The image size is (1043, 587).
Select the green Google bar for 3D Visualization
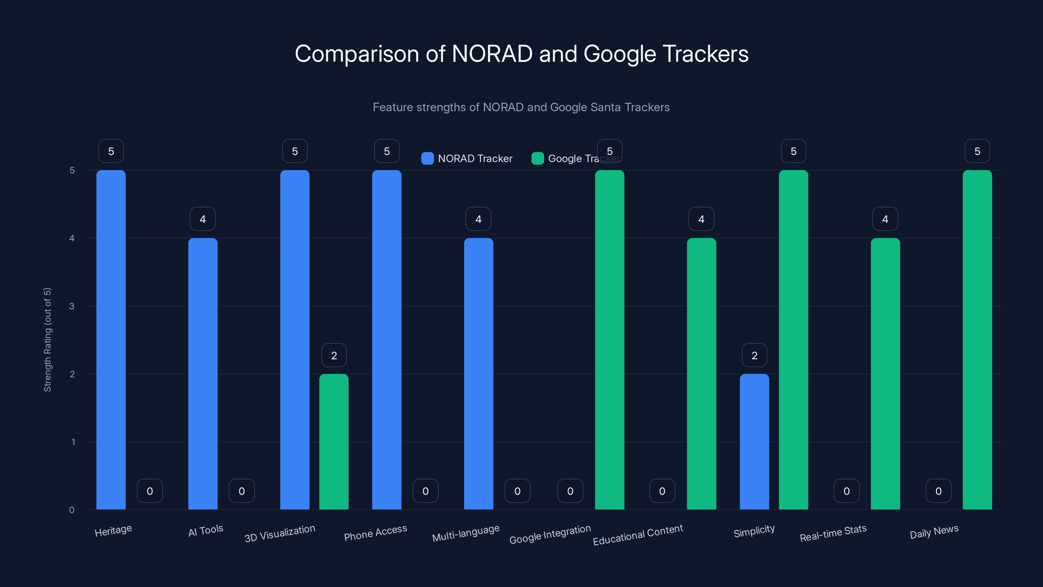click(x=334, y=442)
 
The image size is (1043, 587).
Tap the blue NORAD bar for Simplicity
click(x=754, y=442)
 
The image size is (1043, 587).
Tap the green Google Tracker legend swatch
click(x=537, y=158)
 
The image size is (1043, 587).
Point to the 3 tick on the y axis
click(x=72, y=306)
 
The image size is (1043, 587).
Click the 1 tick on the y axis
click(x=73, y=442)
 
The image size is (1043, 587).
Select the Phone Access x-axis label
click(x=375, y=533)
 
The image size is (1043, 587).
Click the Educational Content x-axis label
click(x=638, y=535)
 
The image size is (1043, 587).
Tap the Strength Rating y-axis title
click(x=47, y=339)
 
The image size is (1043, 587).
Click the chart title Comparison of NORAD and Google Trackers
click(x=521, y=54)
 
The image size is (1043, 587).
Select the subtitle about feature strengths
click(x=521, y=107)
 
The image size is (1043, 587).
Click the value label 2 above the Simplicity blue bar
click(x=754, y=355)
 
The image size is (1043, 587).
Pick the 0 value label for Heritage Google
click(x=150, y=491)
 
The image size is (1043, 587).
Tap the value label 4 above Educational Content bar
click(x=701, y=219)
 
